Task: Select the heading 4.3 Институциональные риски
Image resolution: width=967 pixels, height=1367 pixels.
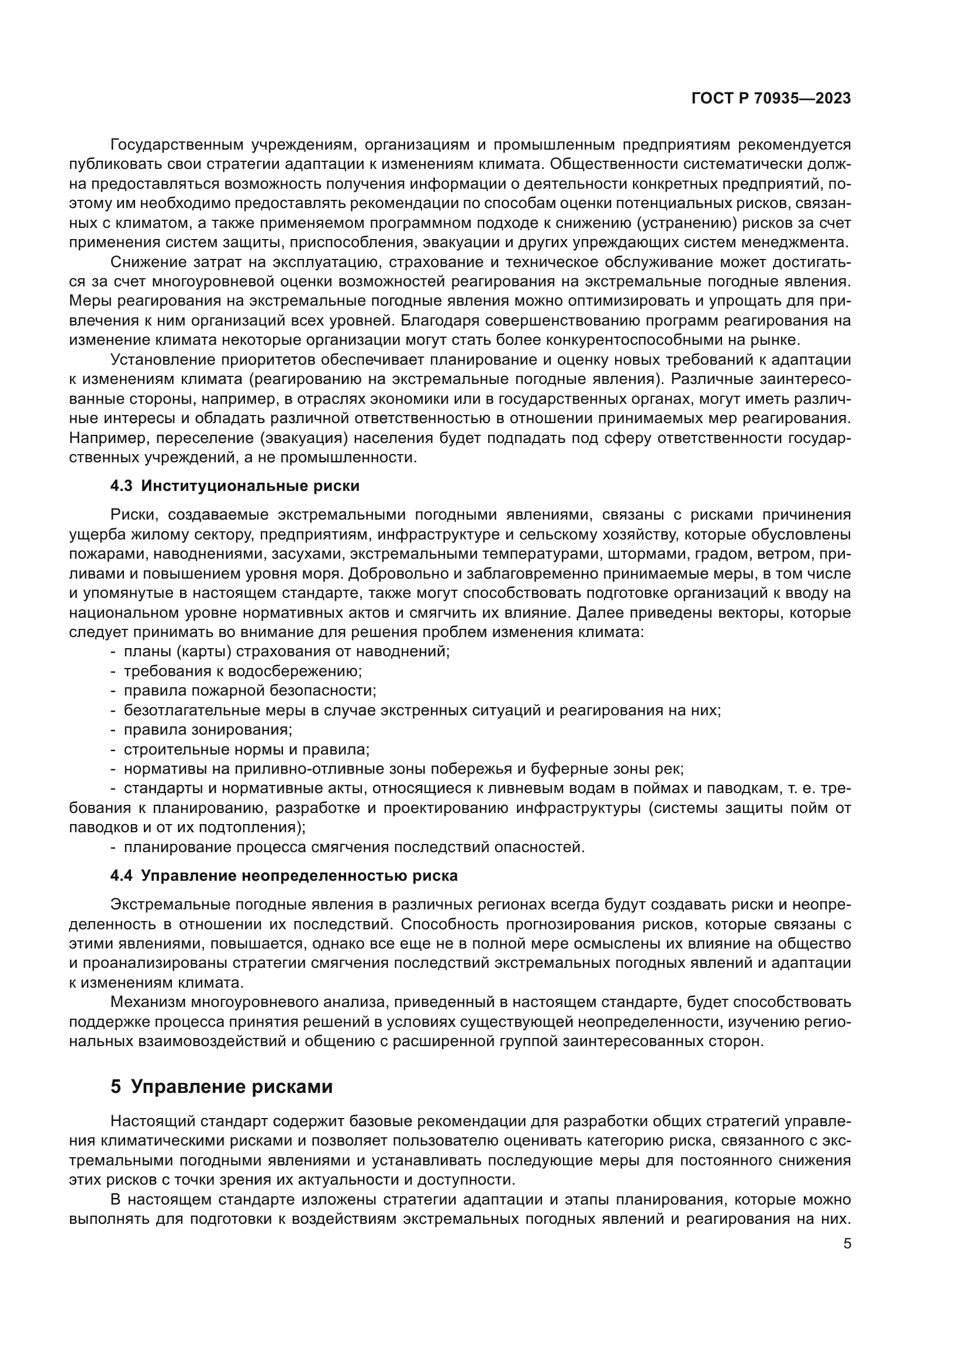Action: [x=234, y=486]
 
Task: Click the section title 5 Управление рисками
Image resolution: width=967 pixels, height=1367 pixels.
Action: [x=221, y=1086]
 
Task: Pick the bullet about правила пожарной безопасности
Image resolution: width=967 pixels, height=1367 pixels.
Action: [x=250, y=691]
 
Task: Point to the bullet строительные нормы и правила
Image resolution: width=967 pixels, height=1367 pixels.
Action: [x=247, y=749]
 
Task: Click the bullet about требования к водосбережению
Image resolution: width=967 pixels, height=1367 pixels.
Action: [x=243, y=671]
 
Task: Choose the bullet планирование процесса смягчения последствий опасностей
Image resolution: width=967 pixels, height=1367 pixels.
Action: [x=354, y=847]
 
